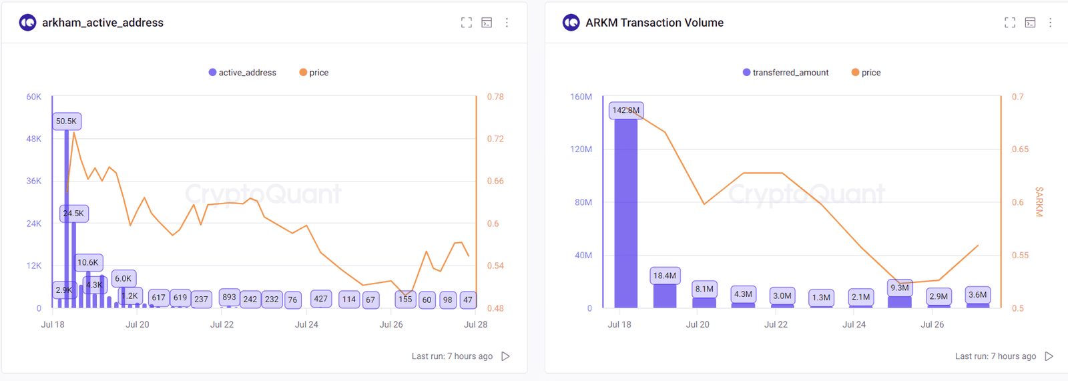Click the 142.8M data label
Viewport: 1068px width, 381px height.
626,110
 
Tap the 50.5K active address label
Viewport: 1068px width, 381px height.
66,121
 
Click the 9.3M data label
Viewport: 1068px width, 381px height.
899,288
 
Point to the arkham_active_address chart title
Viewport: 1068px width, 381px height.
103,23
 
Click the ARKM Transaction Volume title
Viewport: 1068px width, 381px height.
654,23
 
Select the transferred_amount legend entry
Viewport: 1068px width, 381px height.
786,73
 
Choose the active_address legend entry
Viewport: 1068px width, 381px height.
242,73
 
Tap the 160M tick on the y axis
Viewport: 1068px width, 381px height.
581,97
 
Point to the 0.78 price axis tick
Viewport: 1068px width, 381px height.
495,97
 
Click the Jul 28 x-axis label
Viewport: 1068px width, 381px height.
475,324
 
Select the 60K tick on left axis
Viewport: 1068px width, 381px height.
33,97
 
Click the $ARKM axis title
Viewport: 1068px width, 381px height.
1039,202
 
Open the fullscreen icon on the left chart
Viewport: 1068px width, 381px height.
467,23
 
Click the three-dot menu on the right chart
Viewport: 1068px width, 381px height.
1050,23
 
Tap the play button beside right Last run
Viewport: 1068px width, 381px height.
1049,356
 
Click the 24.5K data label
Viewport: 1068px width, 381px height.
73,214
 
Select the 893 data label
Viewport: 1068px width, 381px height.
229,297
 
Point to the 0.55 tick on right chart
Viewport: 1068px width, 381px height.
1020,256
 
